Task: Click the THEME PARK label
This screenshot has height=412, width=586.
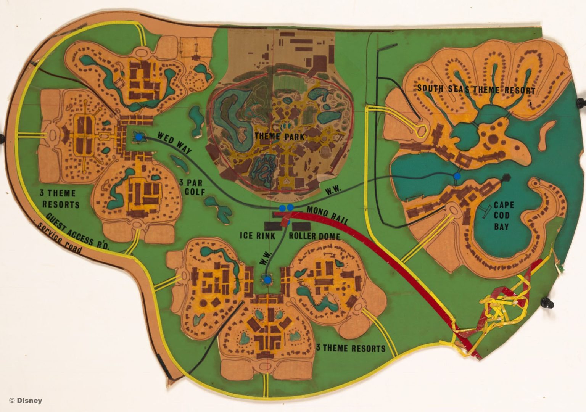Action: (x=279, y=137)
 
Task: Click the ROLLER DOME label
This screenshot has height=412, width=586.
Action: (x=314, y=236)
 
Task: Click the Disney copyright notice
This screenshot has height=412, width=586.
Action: (x=26, y=401)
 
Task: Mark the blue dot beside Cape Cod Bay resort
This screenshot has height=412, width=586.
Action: (x=457, y=176)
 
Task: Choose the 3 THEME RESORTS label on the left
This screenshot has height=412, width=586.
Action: (x=61, y=199)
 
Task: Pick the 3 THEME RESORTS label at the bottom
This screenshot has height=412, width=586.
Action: (x=351, y=348)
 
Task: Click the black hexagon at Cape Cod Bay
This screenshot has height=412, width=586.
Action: (x=506, y=177)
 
